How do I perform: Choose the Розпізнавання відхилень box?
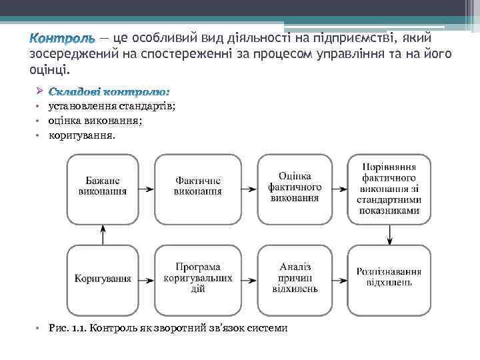[x=389, y=277]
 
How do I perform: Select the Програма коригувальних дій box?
[x=198, y=277]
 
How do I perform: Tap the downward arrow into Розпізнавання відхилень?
[x=389, y=233]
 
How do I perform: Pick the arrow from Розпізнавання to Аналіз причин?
[x=340, y=278]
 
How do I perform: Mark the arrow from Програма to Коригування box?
[x=147, y=278]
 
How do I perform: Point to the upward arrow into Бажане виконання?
[x=103, y=233]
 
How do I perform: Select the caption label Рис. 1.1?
[x=67, y=328]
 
